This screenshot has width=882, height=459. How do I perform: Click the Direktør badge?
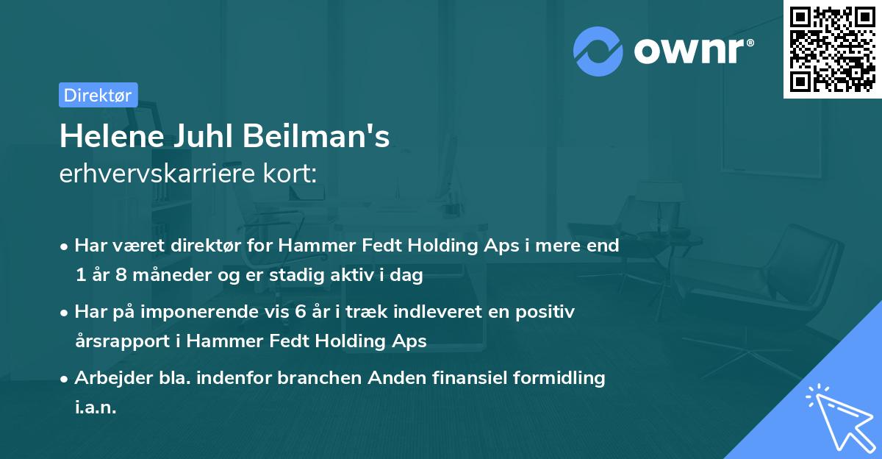click(x=98, y=95)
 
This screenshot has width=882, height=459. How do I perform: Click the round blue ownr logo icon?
click(x=598, y=51)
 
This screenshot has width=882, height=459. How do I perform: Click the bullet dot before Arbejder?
click(x=65, y=379)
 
